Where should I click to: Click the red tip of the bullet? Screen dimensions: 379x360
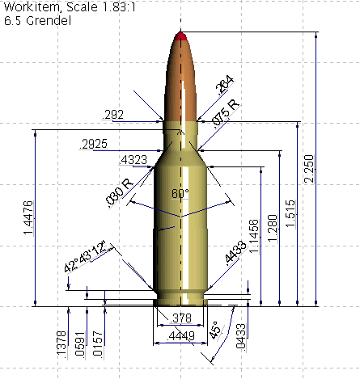pyautogui.click(x=180, y=36)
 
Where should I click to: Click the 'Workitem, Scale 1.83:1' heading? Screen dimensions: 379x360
pyautogui.click(x=61, y=7)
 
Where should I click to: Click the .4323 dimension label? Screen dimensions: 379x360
pyautogui.click(x=133, y=161)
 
